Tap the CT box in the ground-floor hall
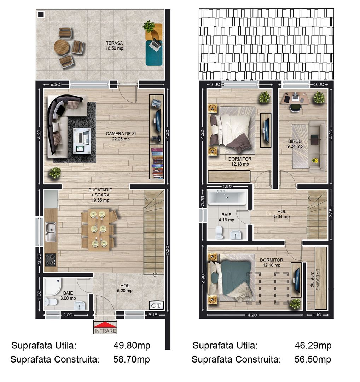click(157, 305)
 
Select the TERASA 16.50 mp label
click(114, 46)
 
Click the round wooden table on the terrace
click(62, 47)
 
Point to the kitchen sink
click(50, 232)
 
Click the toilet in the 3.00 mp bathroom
click(50, 302)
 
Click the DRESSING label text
click(317, 279)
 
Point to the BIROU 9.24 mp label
click(295, 144)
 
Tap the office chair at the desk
click(294, 107)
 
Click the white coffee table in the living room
click(82, 140)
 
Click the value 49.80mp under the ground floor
click(132, 345)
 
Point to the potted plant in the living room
click(55, 173)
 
